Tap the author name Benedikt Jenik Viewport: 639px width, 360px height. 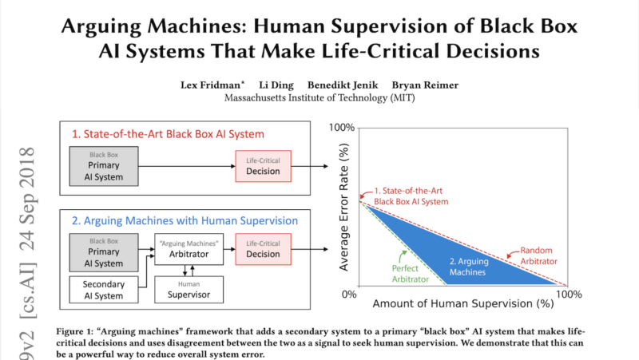tap(349, 84)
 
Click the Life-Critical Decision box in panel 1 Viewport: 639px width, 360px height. tap(263, 166)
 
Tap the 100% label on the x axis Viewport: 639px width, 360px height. tap(569, 295)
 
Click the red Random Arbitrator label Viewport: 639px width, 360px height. tap(539, 255)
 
